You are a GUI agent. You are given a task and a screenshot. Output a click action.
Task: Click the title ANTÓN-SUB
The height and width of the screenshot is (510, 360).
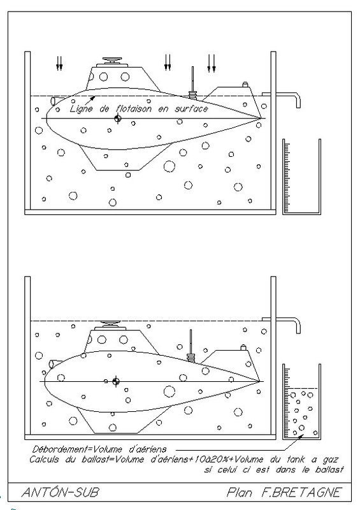point(60,492)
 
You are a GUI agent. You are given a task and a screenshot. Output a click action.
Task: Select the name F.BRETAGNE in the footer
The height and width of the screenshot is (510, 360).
point(301,492)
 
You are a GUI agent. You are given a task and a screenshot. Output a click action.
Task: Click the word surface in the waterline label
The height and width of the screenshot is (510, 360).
point(191,108)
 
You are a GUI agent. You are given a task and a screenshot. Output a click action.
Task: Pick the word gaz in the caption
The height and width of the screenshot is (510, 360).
point(331,460)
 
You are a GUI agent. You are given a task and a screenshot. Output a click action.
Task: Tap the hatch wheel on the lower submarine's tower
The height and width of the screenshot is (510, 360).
point(110,324)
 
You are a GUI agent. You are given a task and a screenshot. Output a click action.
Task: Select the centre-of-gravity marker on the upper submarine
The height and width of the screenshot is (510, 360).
point(118,119)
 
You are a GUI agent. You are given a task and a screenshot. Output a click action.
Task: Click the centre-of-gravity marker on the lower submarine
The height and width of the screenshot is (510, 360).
point(116,381)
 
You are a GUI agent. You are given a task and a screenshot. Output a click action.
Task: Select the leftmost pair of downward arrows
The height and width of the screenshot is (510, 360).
point(59,63)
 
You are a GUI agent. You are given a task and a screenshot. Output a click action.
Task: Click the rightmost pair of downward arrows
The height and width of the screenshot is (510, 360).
point(212,63)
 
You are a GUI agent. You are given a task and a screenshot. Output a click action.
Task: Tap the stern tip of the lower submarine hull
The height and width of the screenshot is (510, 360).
point(260,381)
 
